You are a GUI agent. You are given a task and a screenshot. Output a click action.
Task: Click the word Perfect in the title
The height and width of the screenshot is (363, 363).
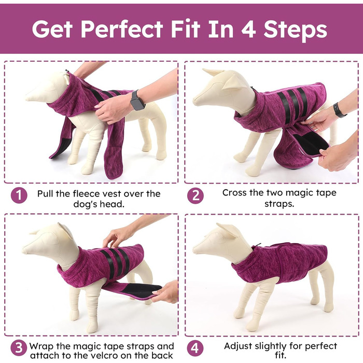pyautogui.click(x=122, y=29)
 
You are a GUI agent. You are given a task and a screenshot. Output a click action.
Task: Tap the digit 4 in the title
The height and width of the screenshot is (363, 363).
pyautogui.click(x=248, y=29)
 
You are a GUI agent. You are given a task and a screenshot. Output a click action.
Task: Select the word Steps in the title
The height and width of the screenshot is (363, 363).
pyautogui.click(x=295, y=31)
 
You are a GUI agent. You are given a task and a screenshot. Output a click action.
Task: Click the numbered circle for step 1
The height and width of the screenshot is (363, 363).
pyautogui.click(x=19, y=195)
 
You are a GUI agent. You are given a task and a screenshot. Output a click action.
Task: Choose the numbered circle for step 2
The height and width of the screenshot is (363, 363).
pyautogui.click(x=196, y=196)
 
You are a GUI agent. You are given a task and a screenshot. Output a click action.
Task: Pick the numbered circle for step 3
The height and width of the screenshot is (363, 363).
pyautogui.click(x=19, y=347)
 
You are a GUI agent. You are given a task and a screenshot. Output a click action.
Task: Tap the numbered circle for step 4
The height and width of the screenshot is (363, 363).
pyautogui.click(x=196, y=348)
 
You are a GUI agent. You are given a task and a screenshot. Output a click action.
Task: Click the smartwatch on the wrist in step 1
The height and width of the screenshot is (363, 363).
pyautogui.click(x=137, y=101)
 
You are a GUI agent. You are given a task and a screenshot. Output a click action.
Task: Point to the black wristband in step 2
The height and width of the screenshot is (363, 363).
pyautogui.click(x=339, y=109)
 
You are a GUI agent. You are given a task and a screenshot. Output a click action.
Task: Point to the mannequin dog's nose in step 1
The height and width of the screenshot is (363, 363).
pyautogui.click(x=28, y=96)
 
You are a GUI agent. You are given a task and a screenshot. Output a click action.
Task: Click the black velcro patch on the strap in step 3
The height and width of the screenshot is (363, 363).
pyautogui.click(x=142, y=290)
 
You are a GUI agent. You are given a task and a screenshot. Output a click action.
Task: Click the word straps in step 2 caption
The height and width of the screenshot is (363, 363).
pyautogui.click(x=279, y=204)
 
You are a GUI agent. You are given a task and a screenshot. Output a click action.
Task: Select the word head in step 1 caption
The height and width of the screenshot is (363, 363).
pyautogui.click(x=113, y=204)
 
